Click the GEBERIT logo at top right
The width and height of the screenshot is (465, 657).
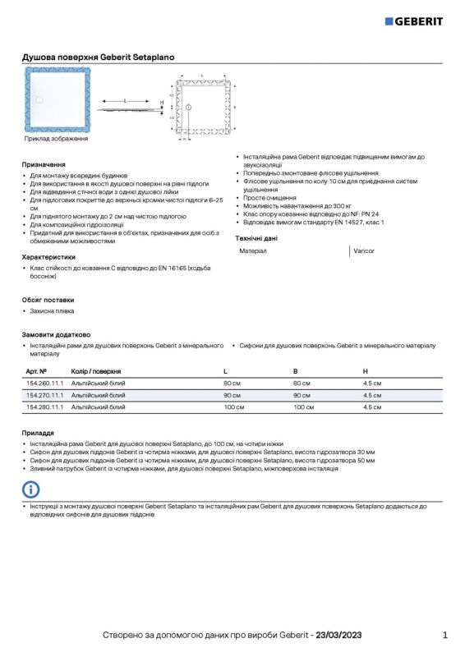point(414,21)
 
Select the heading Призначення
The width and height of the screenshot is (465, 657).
point(44,164)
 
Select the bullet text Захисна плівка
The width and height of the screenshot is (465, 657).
point(52,311)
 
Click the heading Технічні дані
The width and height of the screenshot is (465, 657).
point(256,238)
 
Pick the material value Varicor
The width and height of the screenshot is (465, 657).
point(363,250)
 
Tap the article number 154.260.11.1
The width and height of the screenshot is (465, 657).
point(44,384)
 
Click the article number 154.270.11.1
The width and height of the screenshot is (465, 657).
point(44,395)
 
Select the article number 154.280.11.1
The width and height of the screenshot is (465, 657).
point(44,407)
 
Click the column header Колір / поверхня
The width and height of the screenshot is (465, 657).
point(96,371)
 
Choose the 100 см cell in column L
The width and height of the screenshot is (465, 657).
point(234,407)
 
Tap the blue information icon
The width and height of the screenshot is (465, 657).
point(31,490)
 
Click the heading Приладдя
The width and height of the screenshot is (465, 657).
point(39,432)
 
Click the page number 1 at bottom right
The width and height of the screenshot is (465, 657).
point(444,635)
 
